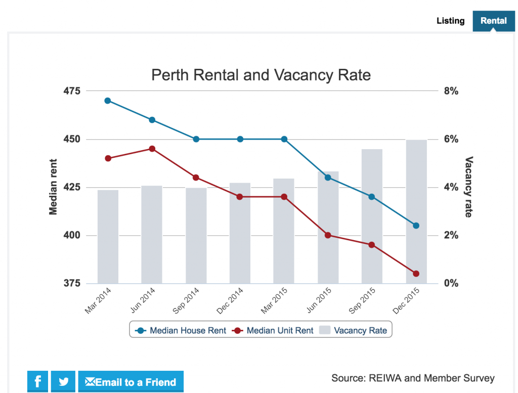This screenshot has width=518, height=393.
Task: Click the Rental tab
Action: (x=493, y=21)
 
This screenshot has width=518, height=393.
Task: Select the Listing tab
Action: (x=450, y=21)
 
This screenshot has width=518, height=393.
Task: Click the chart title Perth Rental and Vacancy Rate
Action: (x=261, y=75)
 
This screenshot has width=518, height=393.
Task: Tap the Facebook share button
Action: (x=38, y=381)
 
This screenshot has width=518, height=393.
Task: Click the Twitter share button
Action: (x=63, y=381)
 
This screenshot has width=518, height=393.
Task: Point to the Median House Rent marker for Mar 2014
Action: (x=108, y=101)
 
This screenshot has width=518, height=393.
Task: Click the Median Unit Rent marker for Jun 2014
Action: (x=152, y=149)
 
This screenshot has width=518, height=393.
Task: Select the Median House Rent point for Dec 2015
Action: (x=416, y=226)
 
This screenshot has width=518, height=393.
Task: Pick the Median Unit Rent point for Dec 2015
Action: (x=416, y=274)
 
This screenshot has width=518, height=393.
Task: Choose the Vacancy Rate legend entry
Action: (x=354, y=331)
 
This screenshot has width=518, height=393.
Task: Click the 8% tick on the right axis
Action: (x=451, y=91)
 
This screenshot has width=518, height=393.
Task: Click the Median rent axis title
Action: (x=53, y=187)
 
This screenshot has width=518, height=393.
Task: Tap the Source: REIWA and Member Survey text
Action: (x=413, y=378)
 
